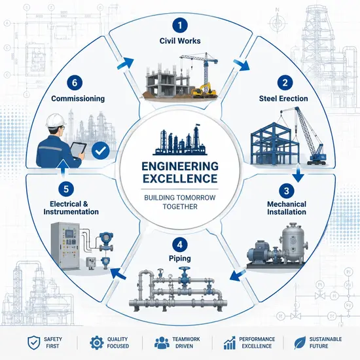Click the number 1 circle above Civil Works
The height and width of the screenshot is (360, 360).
tap(180, 25)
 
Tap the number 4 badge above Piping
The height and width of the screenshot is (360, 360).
tap(180, 245)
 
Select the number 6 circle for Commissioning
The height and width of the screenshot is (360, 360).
tap(75, 82)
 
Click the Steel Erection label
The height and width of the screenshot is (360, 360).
tap(283, 99)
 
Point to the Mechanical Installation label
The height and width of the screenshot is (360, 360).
tap(287, 208)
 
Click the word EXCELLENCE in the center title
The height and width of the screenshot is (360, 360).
tap(180, 179)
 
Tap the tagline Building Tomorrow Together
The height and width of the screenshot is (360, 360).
tap(180, 202)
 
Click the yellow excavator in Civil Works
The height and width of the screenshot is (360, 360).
tap(204, 90)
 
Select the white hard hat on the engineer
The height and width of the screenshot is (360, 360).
tap(56, 120)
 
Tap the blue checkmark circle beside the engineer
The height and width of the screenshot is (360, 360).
tap(100, 151)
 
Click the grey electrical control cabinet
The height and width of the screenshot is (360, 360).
tap(65, 246)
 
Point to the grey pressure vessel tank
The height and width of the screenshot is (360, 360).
tap(293, 243)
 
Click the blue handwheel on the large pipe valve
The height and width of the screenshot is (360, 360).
tap(185, 268)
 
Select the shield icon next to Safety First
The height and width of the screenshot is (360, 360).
tap(34, 342)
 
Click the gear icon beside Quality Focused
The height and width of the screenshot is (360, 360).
tap(97, 342)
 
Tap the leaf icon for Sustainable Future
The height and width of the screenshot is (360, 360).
tap(300, 342)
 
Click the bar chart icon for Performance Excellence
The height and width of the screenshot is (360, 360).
tap(230, 343)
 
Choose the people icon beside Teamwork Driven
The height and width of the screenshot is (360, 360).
tap(162, 343)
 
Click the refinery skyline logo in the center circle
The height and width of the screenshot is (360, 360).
tap(180, 139)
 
